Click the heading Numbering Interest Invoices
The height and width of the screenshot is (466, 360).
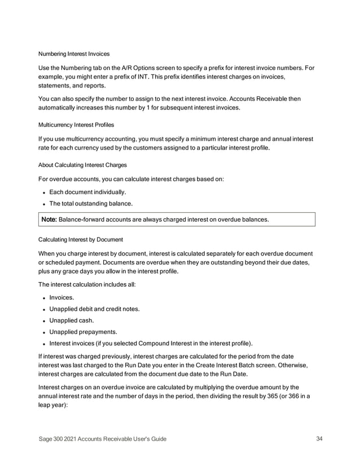(73, 54)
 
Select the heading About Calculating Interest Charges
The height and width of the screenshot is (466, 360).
(82, 165)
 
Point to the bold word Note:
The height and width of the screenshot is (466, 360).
(51, 219)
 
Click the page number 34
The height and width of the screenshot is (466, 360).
(319, 439)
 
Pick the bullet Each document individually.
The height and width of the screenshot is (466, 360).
(91, 192)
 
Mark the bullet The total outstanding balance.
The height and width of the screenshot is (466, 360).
(95, 203)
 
